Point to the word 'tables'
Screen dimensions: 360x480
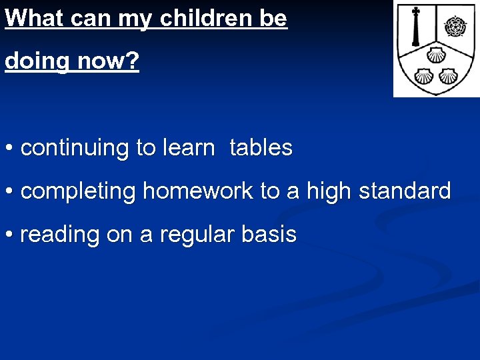(261, 148)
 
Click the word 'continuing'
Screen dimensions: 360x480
(76, 148)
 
